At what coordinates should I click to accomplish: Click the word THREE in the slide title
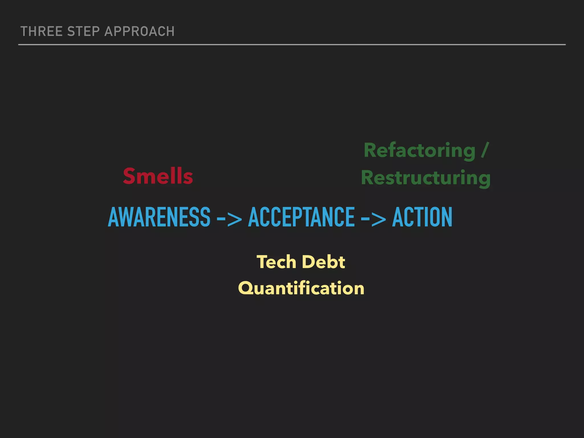click(x=42, y=31)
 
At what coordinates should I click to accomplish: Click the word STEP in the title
click(x=83, y=31)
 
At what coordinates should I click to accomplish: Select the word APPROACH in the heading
click(x=139, y=31)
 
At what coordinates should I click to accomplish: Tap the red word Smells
click(x=158, y=176)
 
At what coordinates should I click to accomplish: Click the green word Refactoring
click(x=419, y=150)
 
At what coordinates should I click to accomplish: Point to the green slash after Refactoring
click(x=485, y=150)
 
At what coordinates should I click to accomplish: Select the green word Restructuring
click(x=426, y=178)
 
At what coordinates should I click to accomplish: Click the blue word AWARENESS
click(x=159, y=217)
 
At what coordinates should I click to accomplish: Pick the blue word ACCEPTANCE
click(x=301, y=217)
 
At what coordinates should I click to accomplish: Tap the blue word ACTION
click(x=422, y=217)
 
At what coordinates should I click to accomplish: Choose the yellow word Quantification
click(x=301, y=288)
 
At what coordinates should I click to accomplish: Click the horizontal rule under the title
click(x=292, y=44)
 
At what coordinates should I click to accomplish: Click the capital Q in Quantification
click(x=246, y=288)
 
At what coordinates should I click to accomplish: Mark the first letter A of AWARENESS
click(x=114, y=217)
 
